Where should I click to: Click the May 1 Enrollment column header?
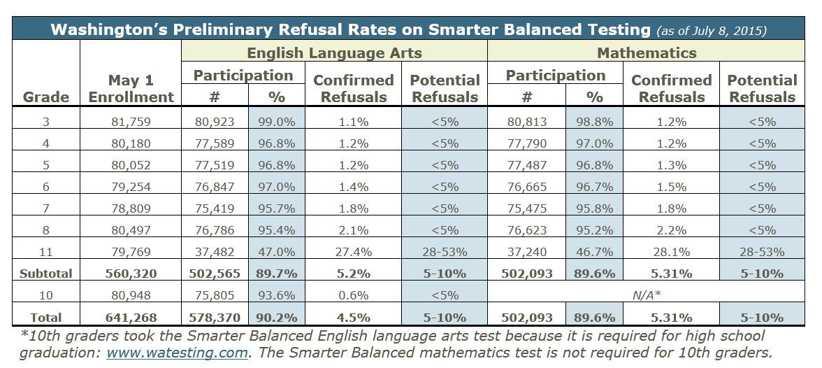pos(131,89)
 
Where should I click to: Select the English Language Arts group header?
pos(334,52)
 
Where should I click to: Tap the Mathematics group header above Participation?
pos(646,52)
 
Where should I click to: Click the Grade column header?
pos(47,97)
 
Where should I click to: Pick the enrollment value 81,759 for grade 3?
pos(131,122)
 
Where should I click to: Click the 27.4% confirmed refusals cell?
pos(353,252)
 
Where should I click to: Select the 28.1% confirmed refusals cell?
pos(671,252)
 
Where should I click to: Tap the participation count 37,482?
pos(215,252)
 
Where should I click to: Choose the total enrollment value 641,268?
pos(131,318)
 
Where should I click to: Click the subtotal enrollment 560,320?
pos(131,274)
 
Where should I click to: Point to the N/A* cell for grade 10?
pos(646,296)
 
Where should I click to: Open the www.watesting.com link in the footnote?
pos(177,353)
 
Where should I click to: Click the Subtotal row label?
pos(47,274)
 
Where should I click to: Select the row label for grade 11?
pos(47,252)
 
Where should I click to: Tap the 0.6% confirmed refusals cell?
pos(353,296)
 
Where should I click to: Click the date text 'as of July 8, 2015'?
pos(711,31)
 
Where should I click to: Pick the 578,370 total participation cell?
pos(215,318)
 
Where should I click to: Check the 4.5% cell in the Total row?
pos(353,318)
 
